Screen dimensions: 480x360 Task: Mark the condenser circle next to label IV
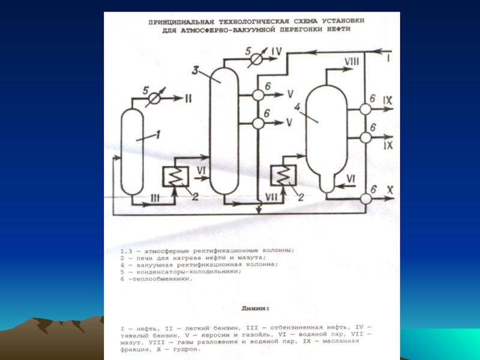[256, 59]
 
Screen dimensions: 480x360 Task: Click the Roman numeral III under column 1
[154, 197]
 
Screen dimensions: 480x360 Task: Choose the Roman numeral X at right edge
[389, 190]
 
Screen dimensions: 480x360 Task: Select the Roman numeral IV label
[275, 51]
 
